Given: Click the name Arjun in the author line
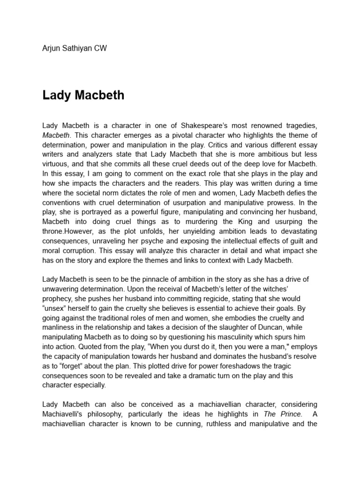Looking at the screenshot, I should tap(52, 49).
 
